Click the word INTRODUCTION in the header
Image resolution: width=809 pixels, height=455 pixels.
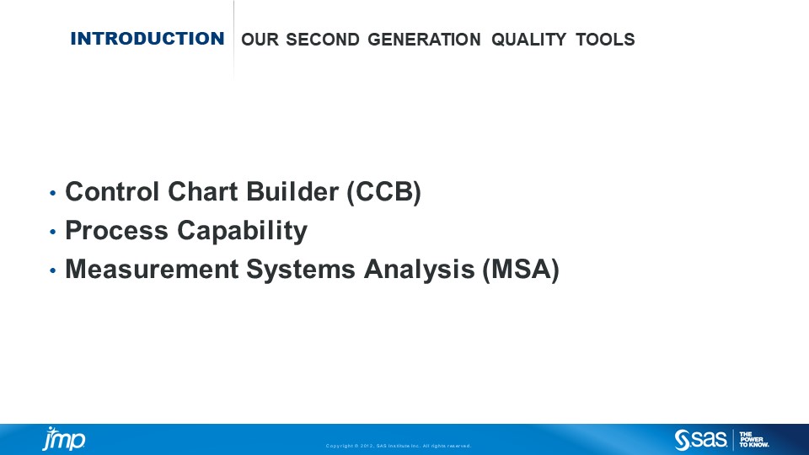point(147,39)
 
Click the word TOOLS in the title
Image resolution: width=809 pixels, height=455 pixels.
point(605,40)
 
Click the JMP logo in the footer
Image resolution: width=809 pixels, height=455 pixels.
point(63,440)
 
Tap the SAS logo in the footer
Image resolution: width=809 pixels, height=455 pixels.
point(701,439)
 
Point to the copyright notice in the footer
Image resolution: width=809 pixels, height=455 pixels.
point(399,446)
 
